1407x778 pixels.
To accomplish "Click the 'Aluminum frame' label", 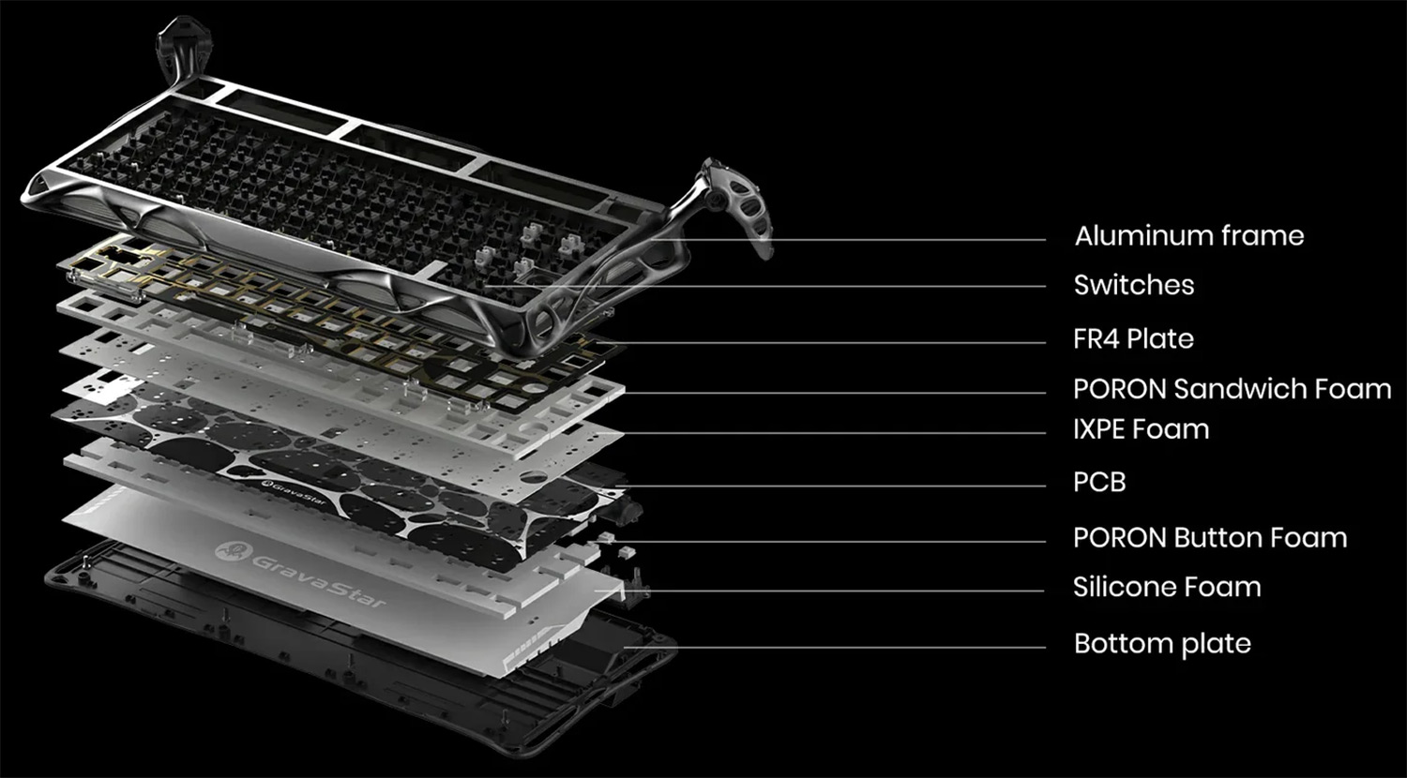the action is click(x=1189, y=236).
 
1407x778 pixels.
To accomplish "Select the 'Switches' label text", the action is click(x=1134, y=285).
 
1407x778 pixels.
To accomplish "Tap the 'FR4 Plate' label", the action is click(x=1133, y=339).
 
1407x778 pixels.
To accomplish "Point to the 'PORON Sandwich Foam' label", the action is click(x=1232, y=389).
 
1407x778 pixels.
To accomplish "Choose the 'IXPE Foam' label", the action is click(x=1141, y=429).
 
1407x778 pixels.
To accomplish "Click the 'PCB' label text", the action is click(x=1099, y=482).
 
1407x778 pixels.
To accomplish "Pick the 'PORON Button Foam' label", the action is click(x=1210, y=538).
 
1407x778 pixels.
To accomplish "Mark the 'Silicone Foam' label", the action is click(x=1167, y=587).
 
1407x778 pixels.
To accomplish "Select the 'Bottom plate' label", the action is click(x=1162, y=644).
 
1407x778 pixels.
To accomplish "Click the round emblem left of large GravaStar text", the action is click(x=233, y=551).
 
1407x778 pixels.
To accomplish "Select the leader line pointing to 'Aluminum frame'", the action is click(x=849, y=239).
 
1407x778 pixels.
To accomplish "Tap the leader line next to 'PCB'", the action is click(x=830, y=486).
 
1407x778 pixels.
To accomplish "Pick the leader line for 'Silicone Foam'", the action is click(x=821, y=591).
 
